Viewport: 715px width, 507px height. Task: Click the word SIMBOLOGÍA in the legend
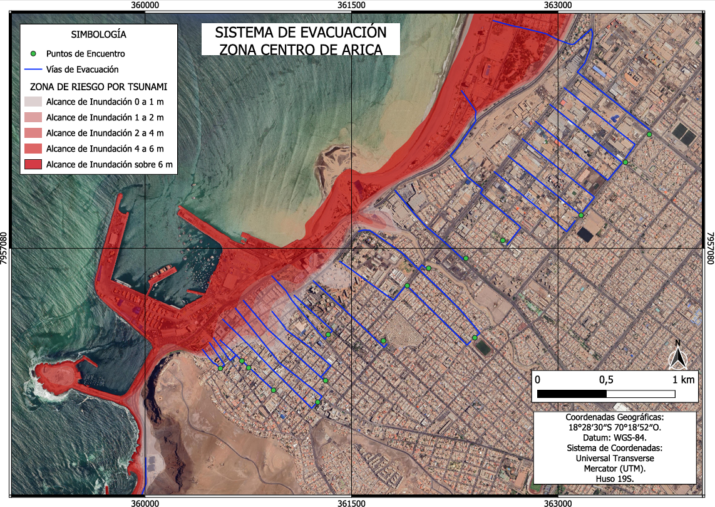(99, 34)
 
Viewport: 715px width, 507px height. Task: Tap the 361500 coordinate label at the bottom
(351, 501)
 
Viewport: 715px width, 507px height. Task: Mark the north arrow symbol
(677, 355)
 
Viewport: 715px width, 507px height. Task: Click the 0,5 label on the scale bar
(606, 380)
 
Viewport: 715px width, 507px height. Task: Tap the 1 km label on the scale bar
(683, 380)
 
